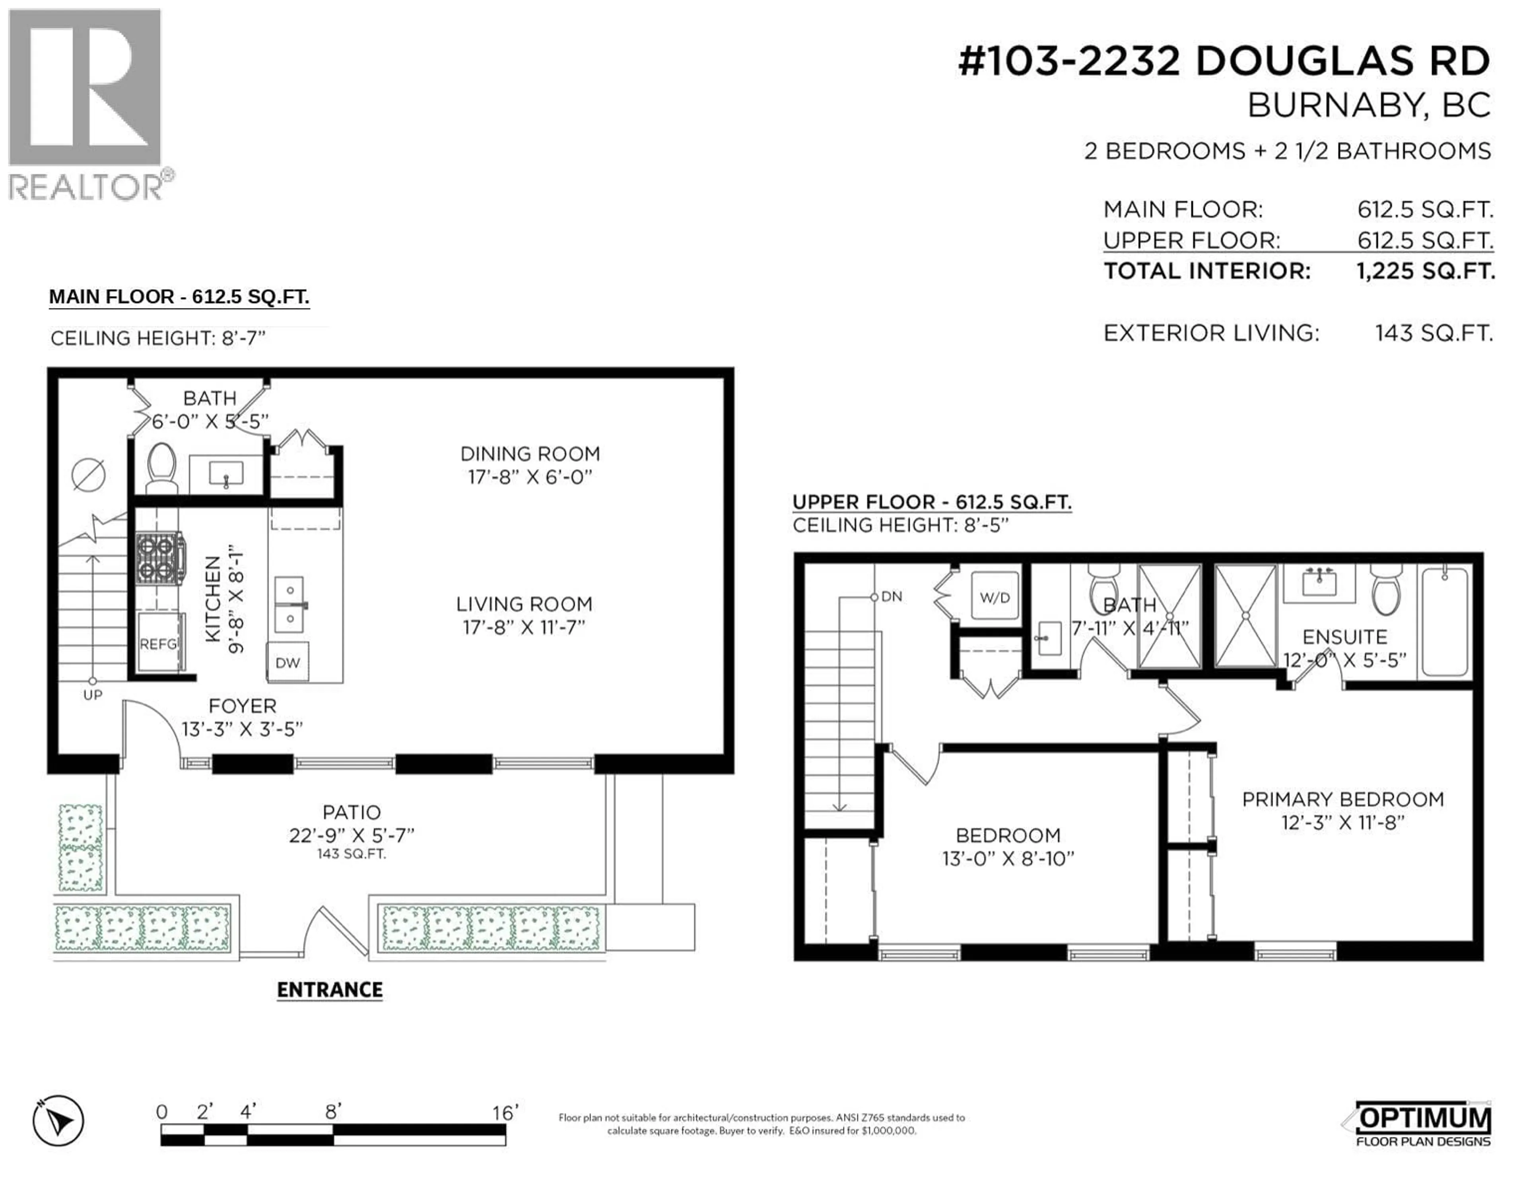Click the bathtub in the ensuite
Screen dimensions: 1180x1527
tap(1445, 621)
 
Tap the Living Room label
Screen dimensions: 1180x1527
tap(524, 604)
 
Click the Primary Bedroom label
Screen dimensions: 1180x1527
tap(1342, 799)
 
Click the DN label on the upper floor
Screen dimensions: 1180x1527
tap(892, 596)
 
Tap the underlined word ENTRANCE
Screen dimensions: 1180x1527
tap(329, 990)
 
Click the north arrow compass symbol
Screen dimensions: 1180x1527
tap(59, 1121)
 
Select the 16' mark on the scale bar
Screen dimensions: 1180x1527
tap(505, 1112)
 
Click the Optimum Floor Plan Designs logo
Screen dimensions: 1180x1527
tap(1422, 1124)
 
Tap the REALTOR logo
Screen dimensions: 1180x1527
tap(85, 105)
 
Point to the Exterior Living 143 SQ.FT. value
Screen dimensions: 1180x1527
tap(1433, 334)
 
